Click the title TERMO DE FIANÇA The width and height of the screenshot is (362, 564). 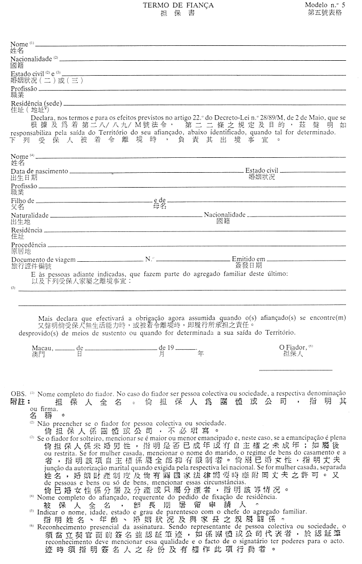tap(178, 5)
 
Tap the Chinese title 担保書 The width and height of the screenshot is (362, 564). tap(178, 13)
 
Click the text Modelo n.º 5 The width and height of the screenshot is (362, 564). tap(325, 4)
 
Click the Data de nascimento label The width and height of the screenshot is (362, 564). tap(39, 171)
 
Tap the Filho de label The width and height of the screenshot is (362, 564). tap(22, 201)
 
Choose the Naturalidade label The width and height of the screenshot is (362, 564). tap(30, 215)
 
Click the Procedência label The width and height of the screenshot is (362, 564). tap(29, 245)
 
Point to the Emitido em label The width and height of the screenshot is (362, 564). tap(248, 259)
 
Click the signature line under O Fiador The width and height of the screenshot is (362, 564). tap(295, 370)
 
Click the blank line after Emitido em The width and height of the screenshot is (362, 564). tap(306, 260)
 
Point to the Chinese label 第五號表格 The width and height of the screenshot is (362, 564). tap(325, 13)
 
